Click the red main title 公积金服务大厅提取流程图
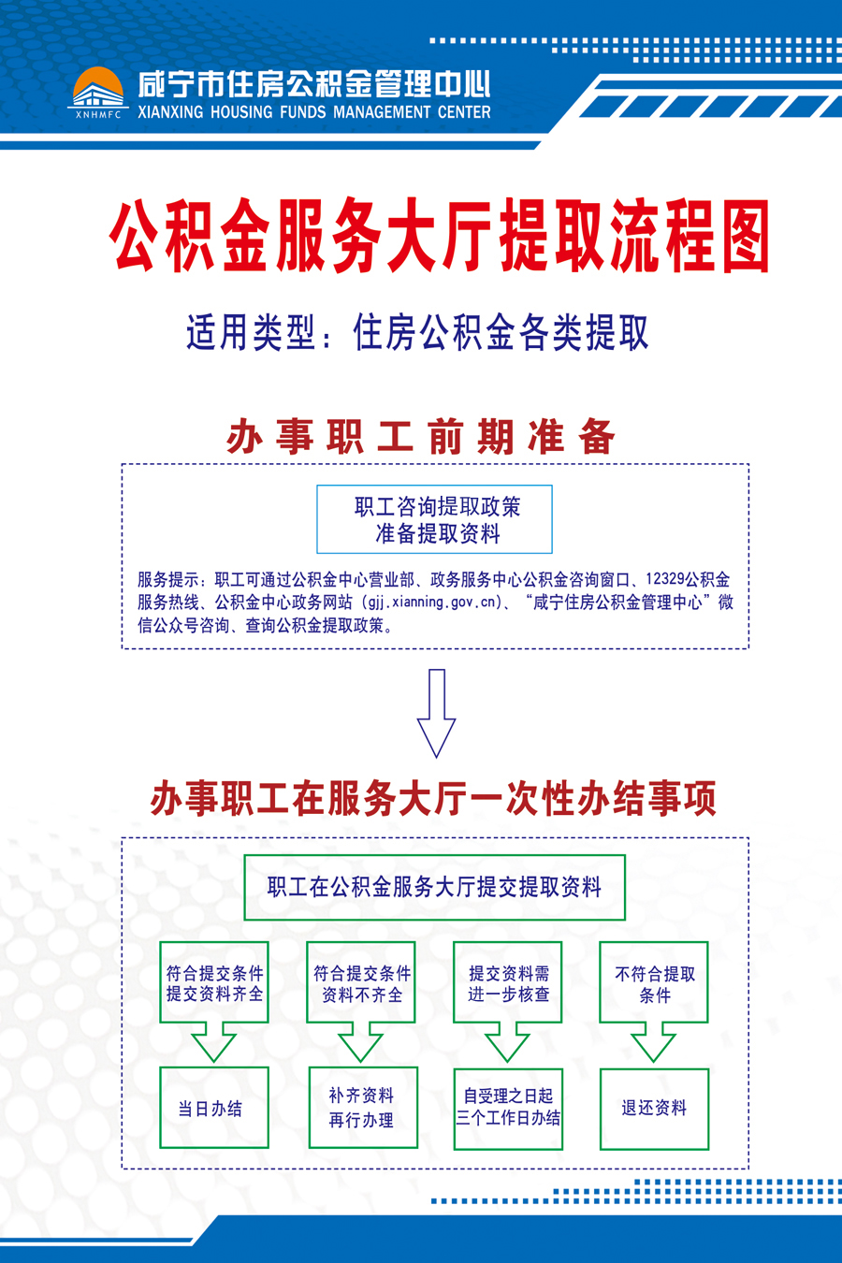(441, 235)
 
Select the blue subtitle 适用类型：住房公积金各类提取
(417, 333)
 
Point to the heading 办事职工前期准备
(420, 436)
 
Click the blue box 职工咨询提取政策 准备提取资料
(434, 518)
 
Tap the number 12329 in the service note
(665, 579)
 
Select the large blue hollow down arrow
(436, 713)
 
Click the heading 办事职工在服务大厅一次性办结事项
(433, 798)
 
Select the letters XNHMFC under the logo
(98, 115)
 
